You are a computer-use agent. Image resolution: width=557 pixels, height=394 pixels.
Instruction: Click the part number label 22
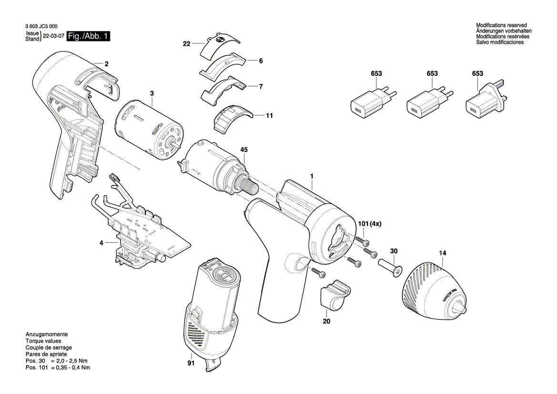[x=186, y=44]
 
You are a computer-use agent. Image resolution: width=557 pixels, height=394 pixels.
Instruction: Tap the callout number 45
[x=244, y=150]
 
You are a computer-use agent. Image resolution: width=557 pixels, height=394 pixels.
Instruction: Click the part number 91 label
[x=191, y=363]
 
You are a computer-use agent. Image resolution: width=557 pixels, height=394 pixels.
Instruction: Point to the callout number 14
[x=443, y=253]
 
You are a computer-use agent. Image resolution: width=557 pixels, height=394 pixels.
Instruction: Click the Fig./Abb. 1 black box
[x=89, y=36]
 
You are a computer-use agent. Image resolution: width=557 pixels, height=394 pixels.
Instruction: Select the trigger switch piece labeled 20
[x=334, y=295]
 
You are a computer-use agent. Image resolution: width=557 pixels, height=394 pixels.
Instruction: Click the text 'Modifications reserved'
[x=501, y=25]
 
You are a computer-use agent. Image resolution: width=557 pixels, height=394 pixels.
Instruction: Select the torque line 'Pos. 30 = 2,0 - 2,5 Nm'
[x=58, y=361]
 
